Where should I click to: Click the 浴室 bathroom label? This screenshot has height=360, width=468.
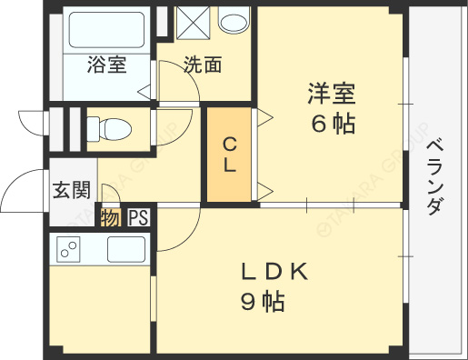pos(105,65)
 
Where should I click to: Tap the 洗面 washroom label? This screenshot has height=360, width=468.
pos(202,65)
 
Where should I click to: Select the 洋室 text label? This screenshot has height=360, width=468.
pos(330,93)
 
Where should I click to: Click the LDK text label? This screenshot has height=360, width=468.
pos(275,271)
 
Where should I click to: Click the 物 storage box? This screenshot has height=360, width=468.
pos(110,218)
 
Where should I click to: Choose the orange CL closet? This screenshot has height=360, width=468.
pos(229,155)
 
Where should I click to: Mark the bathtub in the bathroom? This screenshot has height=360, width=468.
pos(107,33)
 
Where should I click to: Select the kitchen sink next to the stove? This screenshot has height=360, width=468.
pos(126,247)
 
